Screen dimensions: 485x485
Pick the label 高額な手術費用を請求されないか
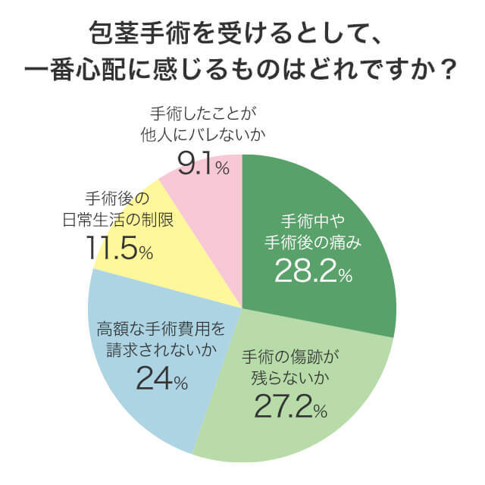[x=161, y=339]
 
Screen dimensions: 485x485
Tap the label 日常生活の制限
[x=117, y=220]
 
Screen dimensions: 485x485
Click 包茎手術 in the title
[x=134, y=33]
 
